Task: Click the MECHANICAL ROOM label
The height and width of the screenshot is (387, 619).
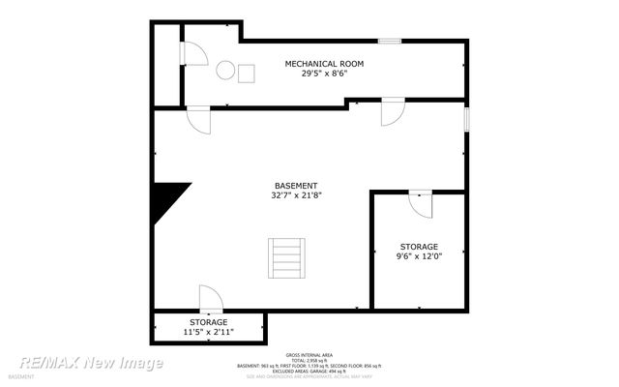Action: [x=324, y=64]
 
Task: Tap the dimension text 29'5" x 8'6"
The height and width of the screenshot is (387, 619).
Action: [x=324, y=74]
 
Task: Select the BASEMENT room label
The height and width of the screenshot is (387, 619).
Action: [x=296, y=186]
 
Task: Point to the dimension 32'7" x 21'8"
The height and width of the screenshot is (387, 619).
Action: [x=296, y=195]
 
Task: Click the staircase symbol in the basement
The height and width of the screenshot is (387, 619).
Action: [x=287, y=256]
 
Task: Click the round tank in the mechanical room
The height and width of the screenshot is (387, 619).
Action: [x=225, y=71]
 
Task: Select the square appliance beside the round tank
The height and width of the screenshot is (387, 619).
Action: [x=247, y=73]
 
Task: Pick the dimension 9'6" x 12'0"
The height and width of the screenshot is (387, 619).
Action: [x=419, y=257]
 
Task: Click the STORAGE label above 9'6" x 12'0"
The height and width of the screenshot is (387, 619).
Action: [x=419, y=247]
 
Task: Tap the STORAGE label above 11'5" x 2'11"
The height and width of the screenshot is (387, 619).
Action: [x=208, y=321]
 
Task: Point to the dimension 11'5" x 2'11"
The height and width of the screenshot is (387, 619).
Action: [x=208, y=332]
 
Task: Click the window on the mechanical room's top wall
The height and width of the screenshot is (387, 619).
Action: [x=390, y=41]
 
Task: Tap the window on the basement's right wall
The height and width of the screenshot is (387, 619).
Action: [x=466, y=119]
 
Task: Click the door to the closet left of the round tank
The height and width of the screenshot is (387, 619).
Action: [x=194, y=53]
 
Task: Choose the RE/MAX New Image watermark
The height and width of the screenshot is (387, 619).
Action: [x=92, y=363]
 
